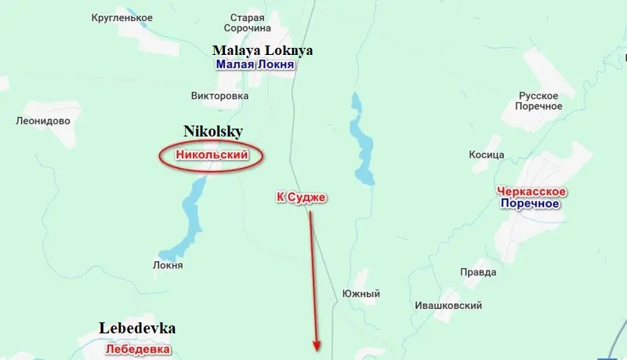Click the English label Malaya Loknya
(263, 50)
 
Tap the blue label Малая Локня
(256, 65)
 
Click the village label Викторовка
(219, 96)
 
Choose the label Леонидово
(43, 121)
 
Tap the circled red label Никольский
(211, 155)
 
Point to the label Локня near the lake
(168, 265)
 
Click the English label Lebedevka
(137, 328)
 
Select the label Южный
(361, 293)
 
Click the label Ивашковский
(448, 305)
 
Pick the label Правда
(478, 272)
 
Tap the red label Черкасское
(531, 191)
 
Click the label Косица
(486, 155)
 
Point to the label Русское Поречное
(540, 100)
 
